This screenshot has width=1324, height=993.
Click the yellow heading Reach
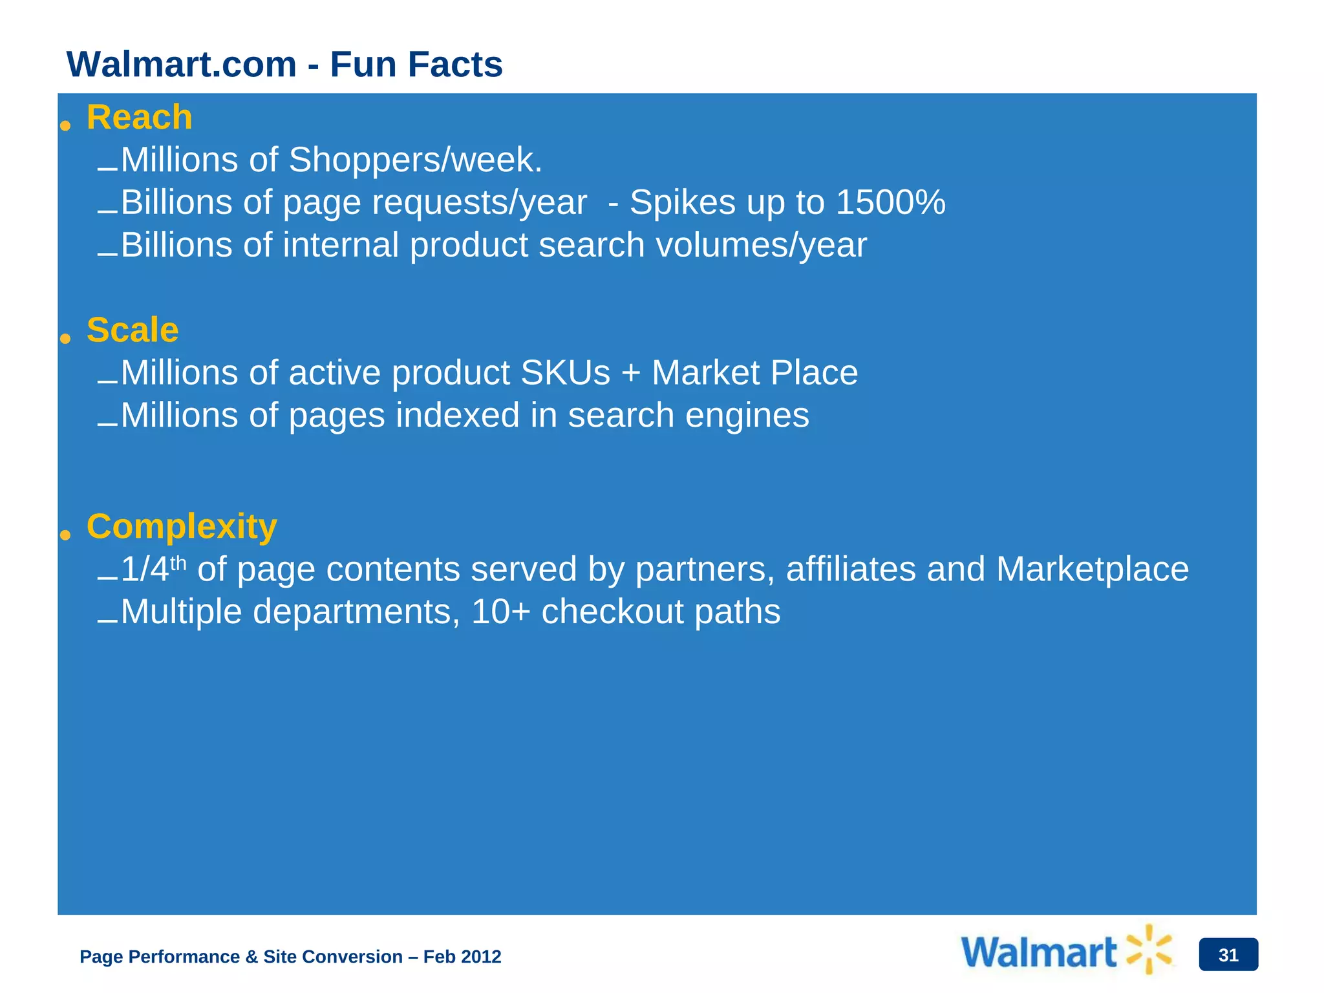(x=140, y=118)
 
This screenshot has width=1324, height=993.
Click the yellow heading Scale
(x=133, y=330)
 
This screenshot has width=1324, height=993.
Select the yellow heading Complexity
(x=182, y=526)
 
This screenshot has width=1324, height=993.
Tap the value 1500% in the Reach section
(x=890, y=202)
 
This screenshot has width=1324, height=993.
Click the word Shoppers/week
(x=415, y=160)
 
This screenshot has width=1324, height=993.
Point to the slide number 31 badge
(x=1228, y=955)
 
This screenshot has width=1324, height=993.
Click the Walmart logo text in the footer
(x=1039, y=953)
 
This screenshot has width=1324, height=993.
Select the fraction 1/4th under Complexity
(x=153, y=569)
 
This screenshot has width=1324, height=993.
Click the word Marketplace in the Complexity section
(x=1092, y=570)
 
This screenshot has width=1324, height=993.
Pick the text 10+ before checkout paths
(x=500, y=612)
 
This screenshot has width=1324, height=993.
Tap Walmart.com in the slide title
(x=182, y=65)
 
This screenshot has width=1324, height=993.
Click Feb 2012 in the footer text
(x=462, y=957)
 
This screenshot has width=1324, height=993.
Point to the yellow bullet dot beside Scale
(x=65, y=338)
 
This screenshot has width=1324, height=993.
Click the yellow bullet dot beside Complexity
(x=65, y=534)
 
